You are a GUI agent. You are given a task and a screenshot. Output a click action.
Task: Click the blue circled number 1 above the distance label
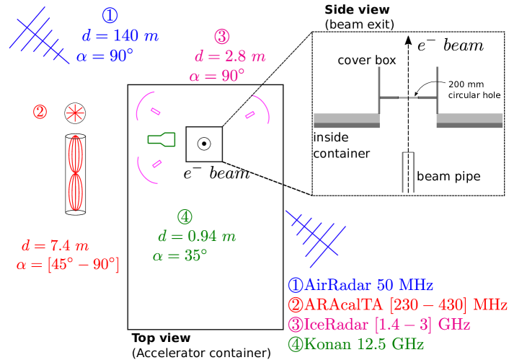(x=110, y=15)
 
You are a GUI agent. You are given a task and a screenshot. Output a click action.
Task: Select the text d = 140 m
(x=120, y=36)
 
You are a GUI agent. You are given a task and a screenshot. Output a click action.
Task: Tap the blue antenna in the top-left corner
(x=38, y=35)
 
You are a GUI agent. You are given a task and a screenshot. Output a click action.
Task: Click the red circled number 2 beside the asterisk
(x=40, y=112)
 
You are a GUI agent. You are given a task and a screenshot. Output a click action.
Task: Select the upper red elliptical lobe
(x=76, y=154)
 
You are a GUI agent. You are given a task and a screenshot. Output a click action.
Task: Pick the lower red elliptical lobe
(x=76, y=192)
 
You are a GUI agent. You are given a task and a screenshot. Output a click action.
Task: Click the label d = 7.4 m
(x=56, y=245)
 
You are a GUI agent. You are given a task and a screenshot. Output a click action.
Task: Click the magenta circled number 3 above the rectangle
(x=222, y=36)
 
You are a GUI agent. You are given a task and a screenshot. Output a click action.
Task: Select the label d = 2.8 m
(x=230, y=56)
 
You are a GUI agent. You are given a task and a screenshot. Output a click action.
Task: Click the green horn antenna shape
(x=161, y=139)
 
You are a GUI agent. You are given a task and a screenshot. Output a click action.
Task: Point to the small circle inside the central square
(x=204, y=144)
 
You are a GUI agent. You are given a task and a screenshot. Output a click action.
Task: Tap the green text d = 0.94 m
(x=197, y=236)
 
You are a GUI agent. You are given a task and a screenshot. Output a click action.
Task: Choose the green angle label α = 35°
(x=180, y=255)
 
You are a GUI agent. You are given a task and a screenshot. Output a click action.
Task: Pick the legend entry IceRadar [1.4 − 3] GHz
(x=379, y=325)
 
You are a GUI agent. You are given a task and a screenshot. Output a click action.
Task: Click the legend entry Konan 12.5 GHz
(x=356, y=344)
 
